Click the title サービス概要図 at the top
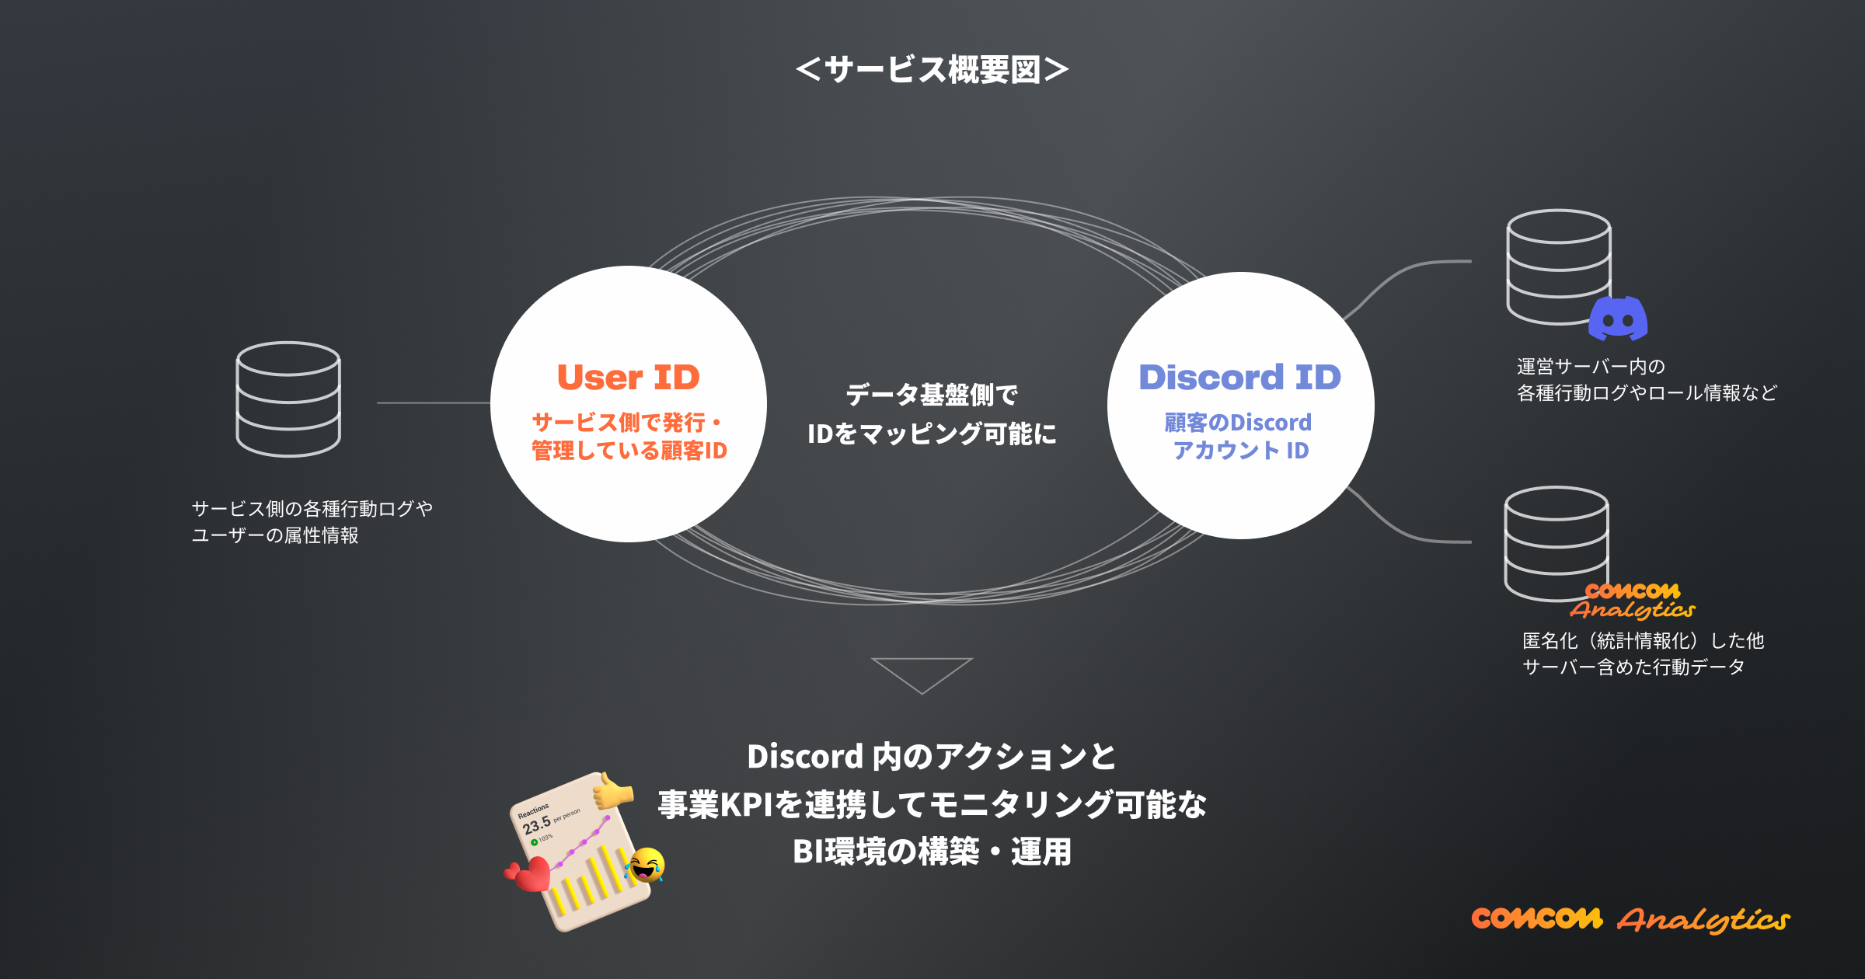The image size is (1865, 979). (932, 70)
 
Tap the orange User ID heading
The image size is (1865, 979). (629, 378)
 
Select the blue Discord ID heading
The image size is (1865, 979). (1239, 378)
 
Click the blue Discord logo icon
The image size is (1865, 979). (1618, 319)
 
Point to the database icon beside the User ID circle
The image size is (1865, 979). (288, 399)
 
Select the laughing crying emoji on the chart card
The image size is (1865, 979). (645, 865)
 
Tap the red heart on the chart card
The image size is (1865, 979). (530, 874)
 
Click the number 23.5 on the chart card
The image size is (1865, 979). (536, 824)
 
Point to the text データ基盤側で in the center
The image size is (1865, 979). (932, 395)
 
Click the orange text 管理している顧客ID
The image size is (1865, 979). (629, 451)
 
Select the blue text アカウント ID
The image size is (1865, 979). (1241, 451)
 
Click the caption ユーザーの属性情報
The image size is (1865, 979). (275, 535)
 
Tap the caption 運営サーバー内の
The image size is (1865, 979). (1591, 367)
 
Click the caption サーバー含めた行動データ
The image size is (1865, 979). (1633, 667)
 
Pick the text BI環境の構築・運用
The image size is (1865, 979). (932, 852)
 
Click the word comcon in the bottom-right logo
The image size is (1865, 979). (1536, 918)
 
